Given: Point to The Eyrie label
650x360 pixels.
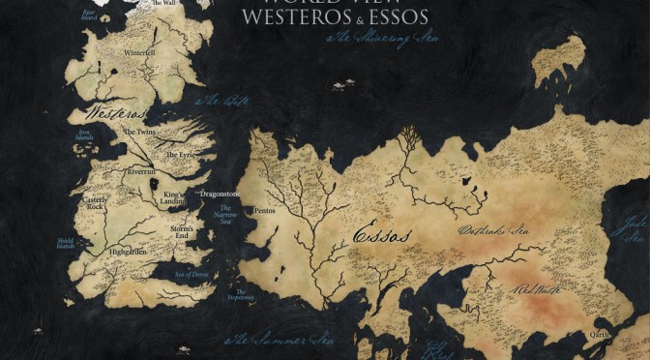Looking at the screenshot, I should tap(180, 154).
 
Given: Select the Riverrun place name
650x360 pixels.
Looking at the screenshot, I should tap(138, 169).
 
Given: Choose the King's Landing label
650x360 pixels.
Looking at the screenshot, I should tap(173, 197).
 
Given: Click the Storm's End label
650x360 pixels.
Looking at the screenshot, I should tap(180, 232).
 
